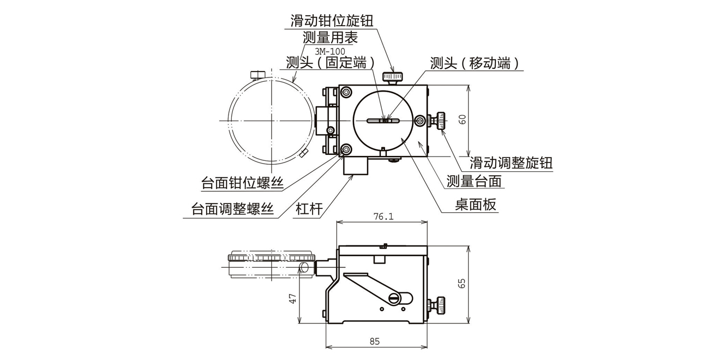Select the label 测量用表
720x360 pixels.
coord(330,38)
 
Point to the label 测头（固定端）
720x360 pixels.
coord(331,63)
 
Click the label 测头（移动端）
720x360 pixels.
coord(473,63)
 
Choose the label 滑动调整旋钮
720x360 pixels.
coord(511,163)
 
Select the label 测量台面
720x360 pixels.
coord(473,181)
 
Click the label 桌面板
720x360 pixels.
coord(476,205)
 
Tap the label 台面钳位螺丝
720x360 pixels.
coord(242,183)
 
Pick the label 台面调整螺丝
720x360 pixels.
coord(232,209)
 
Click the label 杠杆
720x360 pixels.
coord(309,209)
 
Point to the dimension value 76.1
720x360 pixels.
coord(383,217)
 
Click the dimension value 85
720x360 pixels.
coord(374,341)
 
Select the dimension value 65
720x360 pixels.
coord(462,283)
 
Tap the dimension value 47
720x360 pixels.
coord(292,298)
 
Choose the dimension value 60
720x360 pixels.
coord(462,119)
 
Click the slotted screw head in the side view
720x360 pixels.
coord(395,298)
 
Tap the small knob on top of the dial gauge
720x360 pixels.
coord(258,74)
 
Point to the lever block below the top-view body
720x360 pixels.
coord(356,165)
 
